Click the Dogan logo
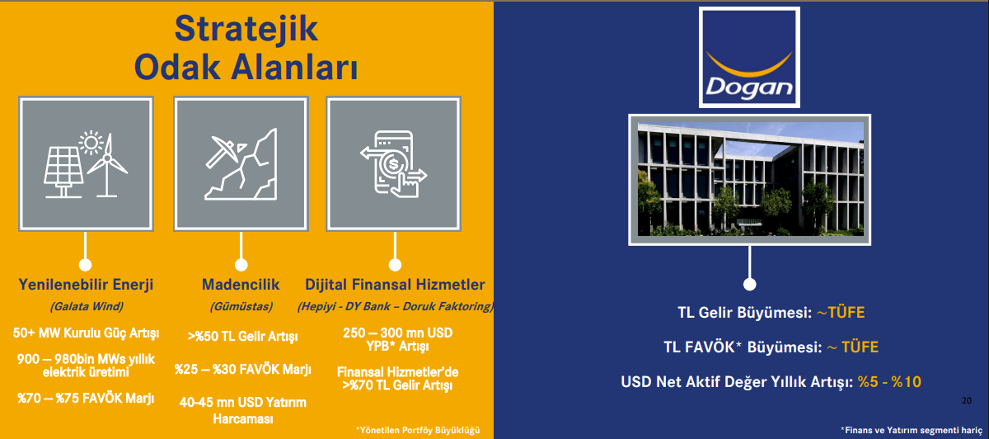749,58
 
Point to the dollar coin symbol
392,164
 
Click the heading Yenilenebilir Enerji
86,284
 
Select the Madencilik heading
241,284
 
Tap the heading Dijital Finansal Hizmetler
395,284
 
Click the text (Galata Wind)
87,306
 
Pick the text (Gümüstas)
241,306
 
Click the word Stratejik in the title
246,29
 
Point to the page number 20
967,400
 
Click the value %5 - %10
889,381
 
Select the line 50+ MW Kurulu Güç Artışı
86,333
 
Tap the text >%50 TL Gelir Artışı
242,337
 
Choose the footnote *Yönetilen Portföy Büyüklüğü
418,430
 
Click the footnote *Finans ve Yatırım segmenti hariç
912,430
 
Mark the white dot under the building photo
749,284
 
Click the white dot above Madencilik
241,265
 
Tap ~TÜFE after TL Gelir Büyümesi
841,313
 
